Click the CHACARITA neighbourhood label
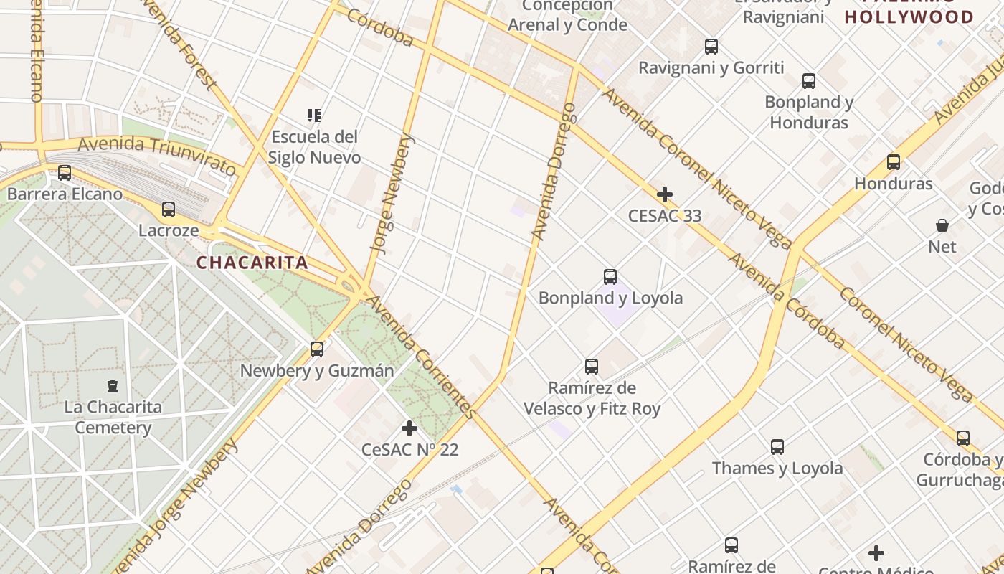coord(252,263)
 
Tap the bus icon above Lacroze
coord(169,210)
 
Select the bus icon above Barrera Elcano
coord(65,173)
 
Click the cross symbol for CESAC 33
coord(665,194)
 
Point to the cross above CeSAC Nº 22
coord(409,428)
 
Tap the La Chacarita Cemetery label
coord(113,418)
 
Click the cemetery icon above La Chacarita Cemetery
coord(113,386)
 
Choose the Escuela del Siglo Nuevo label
coord(314,147)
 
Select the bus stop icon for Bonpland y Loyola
coord(610,277)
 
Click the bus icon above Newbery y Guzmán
coord(317,349)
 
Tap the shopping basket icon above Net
coord(942,225)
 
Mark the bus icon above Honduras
coord(894,162)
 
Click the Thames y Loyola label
coord(777,469)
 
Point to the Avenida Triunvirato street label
coord(156,154)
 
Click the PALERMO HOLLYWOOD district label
coord(909,16)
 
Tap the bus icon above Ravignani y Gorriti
coord(711,47)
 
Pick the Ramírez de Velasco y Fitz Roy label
coord(592,398)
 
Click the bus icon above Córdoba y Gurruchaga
coord(963,438)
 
